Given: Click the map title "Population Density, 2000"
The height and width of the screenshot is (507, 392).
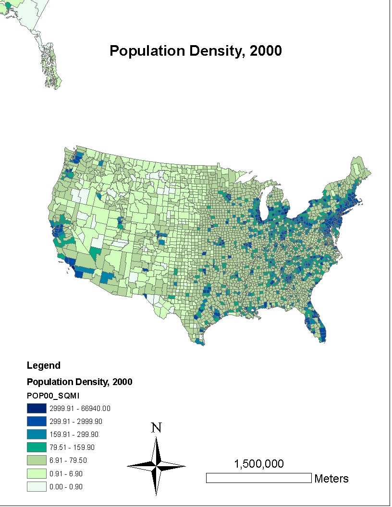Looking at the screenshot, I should [196, 51].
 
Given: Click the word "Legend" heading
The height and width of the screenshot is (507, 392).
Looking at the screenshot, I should [44, 365].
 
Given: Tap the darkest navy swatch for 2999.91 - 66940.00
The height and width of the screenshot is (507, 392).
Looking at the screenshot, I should [37, 409].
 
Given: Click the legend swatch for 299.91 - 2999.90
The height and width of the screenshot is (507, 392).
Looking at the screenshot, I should [37, 422].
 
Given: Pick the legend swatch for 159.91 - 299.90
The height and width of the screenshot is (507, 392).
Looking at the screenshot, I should [37, 435].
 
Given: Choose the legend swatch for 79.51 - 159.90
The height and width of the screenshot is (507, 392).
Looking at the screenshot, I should [37, 447].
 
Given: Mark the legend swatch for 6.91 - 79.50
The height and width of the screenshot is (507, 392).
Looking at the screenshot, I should [37, 460].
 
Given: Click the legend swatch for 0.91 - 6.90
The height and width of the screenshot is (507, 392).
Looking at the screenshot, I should [37, 473].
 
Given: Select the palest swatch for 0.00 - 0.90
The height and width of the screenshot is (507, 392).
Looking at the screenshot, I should [37, 486].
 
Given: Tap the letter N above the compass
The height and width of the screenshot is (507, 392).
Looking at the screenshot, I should [156, 428].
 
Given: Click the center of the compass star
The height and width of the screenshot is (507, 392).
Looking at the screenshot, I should [157, 466].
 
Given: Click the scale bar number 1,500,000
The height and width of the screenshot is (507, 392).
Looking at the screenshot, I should [259, 464].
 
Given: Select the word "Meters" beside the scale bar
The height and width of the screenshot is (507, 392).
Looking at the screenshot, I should [331, 479].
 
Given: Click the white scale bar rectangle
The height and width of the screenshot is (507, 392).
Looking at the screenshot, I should [259, 478].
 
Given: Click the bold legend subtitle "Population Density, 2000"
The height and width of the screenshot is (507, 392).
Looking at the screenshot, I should [80, 382].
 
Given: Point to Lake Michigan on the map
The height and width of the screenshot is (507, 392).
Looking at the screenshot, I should [262, 202].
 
